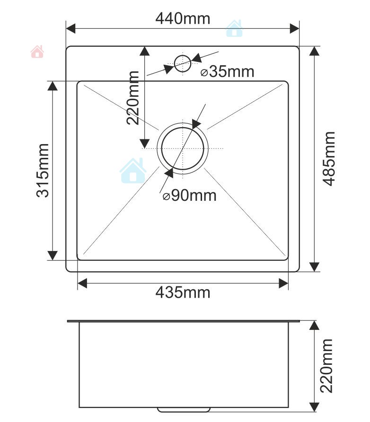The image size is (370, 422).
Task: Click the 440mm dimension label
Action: (x=183, y=18)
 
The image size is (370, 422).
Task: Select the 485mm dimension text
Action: (x=328, y=159)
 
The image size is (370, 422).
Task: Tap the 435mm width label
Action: (x=183, y=293)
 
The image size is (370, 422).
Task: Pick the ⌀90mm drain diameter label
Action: (x=189, y=195)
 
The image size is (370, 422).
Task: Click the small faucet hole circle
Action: (x=183, y=63)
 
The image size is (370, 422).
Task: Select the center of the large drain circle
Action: (x=183, y=148)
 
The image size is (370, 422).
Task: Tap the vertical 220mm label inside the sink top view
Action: (x=133, y=97)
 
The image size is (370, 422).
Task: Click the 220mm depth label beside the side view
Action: (x=326, y=366)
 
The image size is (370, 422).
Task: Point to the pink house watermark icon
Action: (x=37, y=52)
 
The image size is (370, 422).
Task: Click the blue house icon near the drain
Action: (x=133, y=171)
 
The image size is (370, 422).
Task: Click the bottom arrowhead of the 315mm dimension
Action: (x=53, y=255)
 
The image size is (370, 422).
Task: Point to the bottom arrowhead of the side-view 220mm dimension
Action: (x=314, y=405)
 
